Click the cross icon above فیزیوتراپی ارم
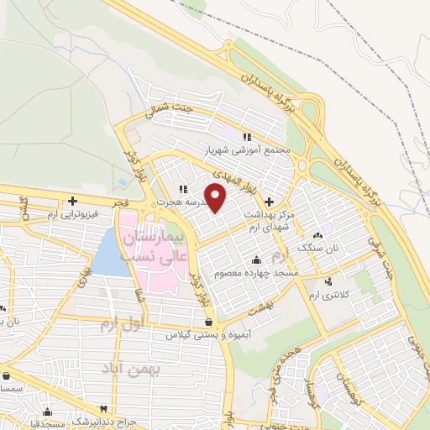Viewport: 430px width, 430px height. pos(73,202)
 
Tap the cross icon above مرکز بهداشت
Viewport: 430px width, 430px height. pos(269,202)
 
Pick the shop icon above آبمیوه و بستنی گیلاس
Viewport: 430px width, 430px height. pos(208,322)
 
